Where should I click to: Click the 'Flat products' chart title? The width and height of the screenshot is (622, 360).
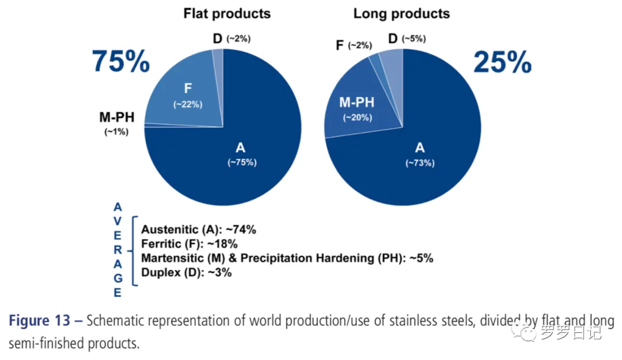pyautogui.click(x=227, y=13)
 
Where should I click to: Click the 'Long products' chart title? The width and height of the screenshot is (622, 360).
pyautogui.click(x=401, y=13)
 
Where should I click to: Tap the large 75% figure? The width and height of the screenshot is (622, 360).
pyautogui.click(x=121, y=62)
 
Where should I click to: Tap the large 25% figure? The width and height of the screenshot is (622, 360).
pyautogui.click(x=502, y=62)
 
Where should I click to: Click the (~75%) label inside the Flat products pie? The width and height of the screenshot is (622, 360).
pyautogui.click(x=242, y=162)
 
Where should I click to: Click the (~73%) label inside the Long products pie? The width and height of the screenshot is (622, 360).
pyautogui.click(x=420, y=163)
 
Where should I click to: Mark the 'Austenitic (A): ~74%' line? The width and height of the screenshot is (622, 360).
pyautogui.click(x=199, y=229)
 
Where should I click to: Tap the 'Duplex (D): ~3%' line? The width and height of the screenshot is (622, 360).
pyautogui.click(x=187, y=272)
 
